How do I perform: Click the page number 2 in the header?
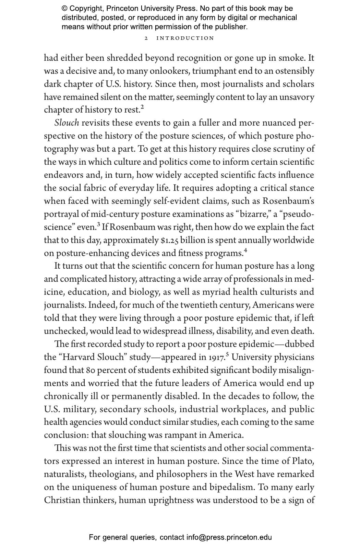[x=146, y=38]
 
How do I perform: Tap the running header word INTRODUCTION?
[x=185, y=38]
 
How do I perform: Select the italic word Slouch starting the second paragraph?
[x=67, y=123]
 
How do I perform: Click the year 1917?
[x=217, y=358]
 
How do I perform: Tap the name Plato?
[x=303, y=461]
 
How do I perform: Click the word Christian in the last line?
[x=63, y=500]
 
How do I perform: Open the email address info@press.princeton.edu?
[x=229, y=537]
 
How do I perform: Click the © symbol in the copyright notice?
[x=64, y=9]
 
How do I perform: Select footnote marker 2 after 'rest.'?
[x=142, y=107]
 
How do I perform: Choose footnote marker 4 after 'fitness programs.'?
[x=245, y=251]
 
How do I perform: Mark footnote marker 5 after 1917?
[x=228, y=355]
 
